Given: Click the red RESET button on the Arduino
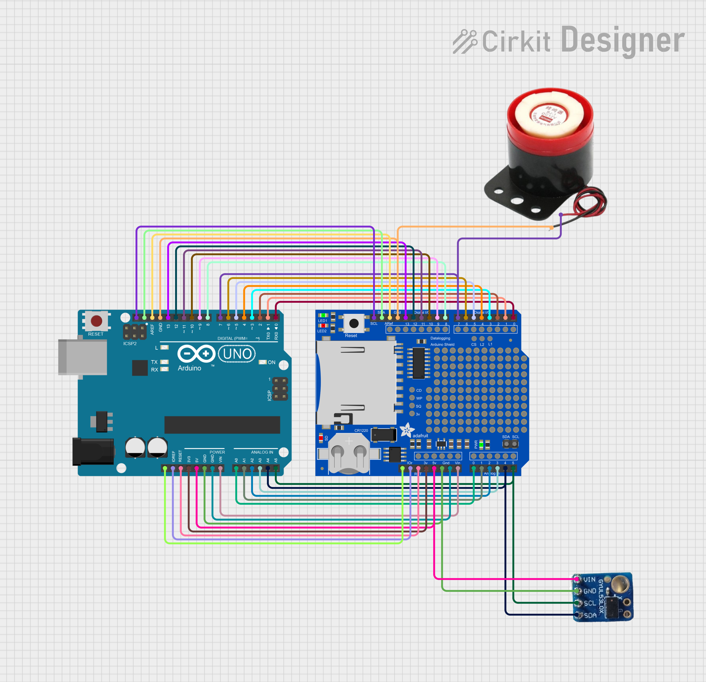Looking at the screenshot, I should tap(96, 321).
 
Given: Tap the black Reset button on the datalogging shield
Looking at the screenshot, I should tap(354, 323).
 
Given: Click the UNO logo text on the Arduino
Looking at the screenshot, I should tap(237, 354).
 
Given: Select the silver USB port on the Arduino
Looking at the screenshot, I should tap(83, 357).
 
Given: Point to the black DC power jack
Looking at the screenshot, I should tap(93, 452).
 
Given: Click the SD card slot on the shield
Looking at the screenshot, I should tap(356, 382).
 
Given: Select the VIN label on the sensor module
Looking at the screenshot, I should tap(589, 580).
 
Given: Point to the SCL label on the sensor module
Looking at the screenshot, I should tap(590, 603).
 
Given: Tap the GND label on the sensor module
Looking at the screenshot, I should tap(590, 591).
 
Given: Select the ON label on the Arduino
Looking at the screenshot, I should tap(271, 362).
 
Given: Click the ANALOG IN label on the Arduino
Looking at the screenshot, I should tap(262, 452).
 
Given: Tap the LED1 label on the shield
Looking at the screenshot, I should tap(322, 321).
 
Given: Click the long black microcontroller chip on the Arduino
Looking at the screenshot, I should tap(222, 425).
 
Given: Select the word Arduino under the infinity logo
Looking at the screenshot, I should tap(189, 368).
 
